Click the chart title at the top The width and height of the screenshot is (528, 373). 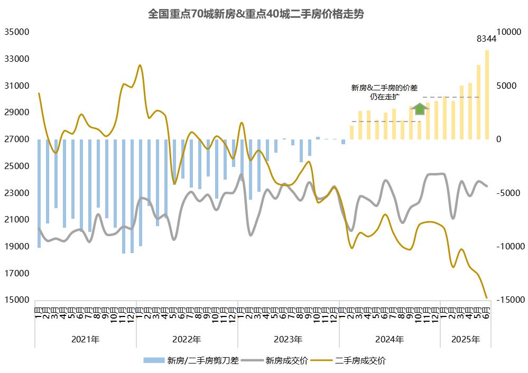[256, 14]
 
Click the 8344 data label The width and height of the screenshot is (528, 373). [486, 39]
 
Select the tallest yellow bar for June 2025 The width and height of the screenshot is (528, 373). [487, 95]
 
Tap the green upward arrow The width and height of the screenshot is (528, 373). [420, 109]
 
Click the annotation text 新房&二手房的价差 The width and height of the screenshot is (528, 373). [384, 88]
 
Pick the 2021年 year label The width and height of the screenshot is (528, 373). [85, 339]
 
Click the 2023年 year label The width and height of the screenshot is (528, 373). [288, 339]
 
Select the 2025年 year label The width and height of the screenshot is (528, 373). [466, 339]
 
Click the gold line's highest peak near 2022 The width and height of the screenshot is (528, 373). [140, 65]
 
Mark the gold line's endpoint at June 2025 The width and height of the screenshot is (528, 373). [486, 298]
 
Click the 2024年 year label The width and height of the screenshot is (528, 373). [390, 339]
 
